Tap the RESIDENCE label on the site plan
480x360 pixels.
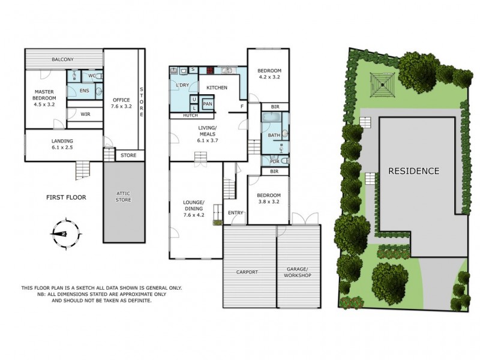coord(413,171)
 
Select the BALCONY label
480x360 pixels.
coord(63,59)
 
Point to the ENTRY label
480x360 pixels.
coord(236,212)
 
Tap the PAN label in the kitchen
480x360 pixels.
coord(208,104)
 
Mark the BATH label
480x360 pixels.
coord(274,136)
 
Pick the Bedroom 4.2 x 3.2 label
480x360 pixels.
coord(269,74)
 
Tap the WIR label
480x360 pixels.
coord(85,113)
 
